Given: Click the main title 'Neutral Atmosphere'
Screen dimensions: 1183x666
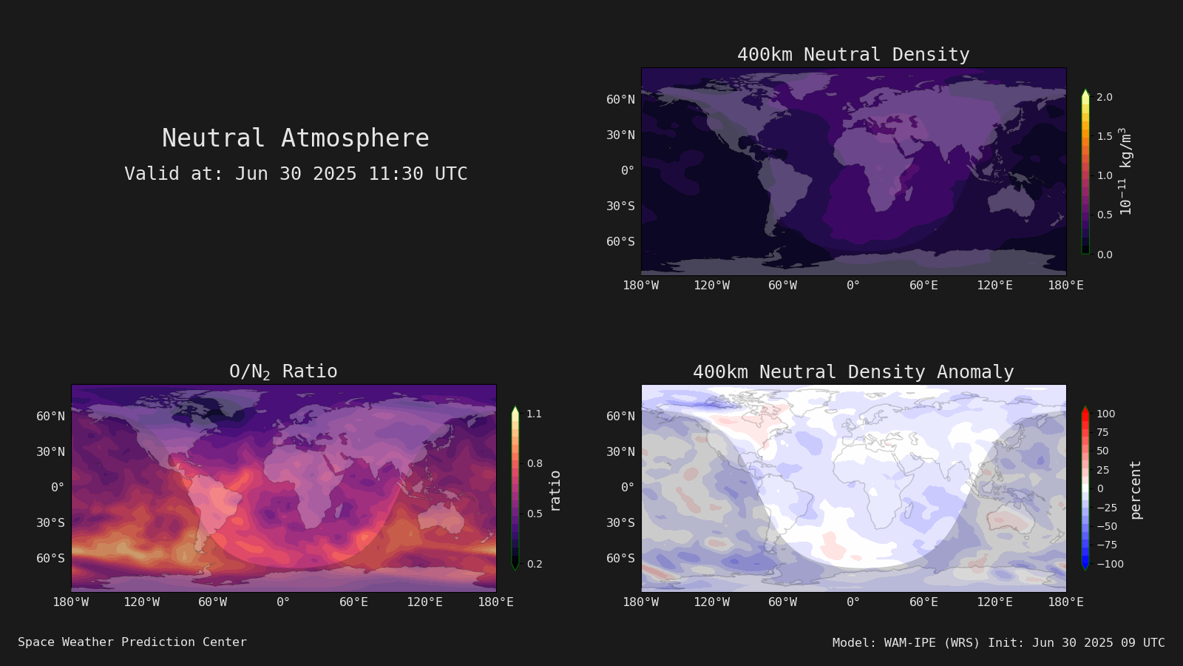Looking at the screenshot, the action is (295, 138).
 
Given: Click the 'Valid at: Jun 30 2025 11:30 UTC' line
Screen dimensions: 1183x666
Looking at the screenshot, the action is (296, 174).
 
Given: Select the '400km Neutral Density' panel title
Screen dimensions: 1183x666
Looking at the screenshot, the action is (853, 55).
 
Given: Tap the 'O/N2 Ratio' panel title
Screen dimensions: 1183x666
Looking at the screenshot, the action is (283, 371).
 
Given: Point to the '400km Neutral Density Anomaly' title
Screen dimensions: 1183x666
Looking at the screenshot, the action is (853, 372).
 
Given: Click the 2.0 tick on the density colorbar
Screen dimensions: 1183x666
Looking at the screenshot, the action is (1105, 97).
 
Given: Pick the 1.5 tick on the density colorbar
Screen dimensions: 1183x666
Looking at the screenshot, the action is (1105, 136).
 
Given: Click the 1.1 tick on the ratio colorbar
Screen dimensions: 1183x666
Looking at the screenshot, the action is (535, 414).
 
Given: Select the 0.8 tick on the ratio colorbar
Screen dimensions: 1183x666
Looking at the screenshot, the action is (535, 463).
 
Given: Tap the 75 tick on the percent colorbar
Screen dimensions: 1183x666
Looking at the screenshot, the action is (1102, 432).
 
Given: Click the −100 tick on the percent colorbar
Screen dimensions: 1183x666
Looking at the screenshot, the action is (1110, 564).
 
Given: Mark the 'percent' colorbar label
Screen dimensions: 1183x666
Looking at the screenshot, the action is (1135, 490).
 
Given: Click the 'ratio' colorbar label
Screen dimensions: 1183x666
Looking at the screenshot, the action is (555, 491).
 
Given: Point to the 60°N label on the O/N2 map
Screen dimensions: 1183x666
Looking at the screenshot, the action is (51, 417).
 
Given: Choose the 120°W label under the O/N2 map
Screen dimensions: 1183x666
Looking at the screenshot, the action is (141, 602).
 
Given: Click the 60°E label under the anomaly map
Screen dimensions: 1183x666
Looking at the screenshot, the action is (923, 602).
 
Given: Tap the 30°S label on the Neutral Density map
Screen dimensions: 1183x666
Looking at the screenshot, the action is (620, 206).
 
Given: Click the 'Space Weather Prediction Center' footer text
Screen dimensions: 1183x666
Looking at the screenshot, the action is (132, 642).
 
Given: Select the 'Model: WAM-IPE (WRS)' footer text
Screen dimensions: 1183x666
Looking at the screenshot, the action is (906, 643).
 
